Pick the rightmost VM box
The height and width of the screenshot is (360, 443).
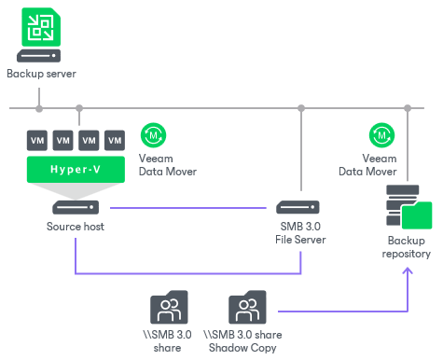click(115, 141)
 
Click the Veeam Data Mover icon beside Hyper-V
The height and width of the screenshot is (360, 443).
click(153, 135)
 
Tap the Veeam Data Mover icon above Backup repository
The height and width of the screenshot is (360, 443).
click(381, 135)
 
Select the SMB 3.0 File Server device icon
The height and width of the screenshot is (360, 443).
click(300, 207)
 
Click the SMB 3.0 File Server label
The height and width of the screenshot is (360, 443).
click(300, 232)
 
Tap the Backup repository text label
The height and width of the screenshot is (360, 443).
click(407, 247)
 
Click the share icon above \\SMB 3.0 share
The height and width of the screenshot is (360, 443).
click(170, 306)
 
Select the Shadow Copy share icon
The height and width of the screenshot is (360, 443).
click(247, 306)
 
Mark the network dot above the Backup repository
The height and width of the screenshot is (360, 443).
click(407, 107)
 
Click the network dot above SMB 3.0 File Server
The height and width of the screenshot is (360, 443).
click(300, 107)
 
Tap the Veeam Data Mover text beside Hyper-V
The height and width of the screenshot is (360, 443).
click(168, 165)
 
